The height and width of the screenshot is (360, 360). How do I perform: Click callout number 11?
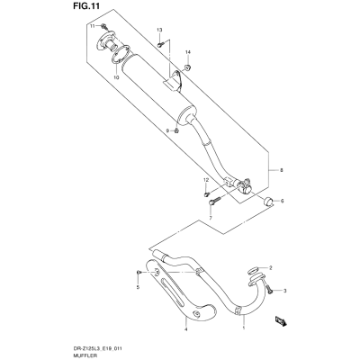pyautogui.click(x=93, y=26)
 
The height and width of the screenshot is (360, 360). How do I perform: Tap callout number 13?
pyautogui.click(x=159, y=30)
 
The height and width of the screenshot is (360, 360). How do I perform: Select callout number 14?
pyautogui.click(x=188, y=52)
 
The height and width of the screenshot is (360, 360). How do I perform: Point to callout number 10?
pyautogui.click(x=116, y=77)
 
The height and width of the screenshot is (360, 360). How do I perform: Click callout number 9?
pyautogui.click(x=168, y=130)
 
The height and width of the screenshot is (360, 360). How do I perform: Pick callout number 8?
pyautogui.click(x=281, y=170)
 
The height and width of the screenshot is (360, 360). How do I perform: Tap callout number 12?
pyautogui.click(x=205, y=180)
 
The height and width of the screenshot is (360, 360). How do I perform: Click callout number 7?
pyautogui.click(x=211, y=217)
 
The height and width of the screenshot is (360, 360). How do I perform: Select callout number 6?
pyautogui.click(x=282, y=201)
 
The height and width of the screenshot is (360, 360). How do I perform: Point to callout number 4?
pyautogui.click(x=185, y=329)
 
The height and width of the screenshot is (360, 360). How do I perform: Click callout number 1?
pyautogui.click(x=243, y=328)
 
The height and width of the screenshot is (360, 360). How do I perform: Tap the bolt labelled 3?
pyautogui.click(x=269, y=290)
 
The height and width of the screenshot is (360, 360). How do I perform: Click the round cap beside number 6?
pyautogui.click(x=268, y=202)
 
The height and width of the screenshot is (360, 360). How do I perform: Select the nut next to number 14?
pyautogui.click(x=188, y=67)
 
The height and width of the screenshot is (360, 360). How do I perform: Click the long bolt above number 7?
pyautogui.click(x=214, y=201)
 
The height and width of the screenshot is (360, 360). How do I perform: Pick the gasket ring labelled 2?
pyautogui.click(x=254, y=270)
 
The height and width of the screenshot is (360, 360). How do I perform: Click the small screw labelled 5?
pyautogui.click(x=139, y=272)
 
